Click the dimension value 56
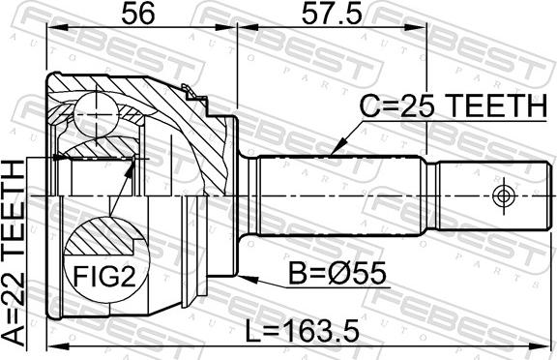click(x=138, y=14)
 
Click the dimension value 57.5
click(x=332, y=14)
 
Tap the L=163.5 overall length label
click(x=303, y=330)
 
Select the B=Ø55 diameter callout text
click(x=337, y=274)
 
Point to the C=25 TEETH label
click(x=454, y=105)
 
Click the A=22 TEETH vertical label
click(x=14, y=253)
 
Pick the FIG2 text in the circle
click(x=104, y=277)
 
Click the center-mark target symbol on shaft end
click(x=503, y=195)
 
